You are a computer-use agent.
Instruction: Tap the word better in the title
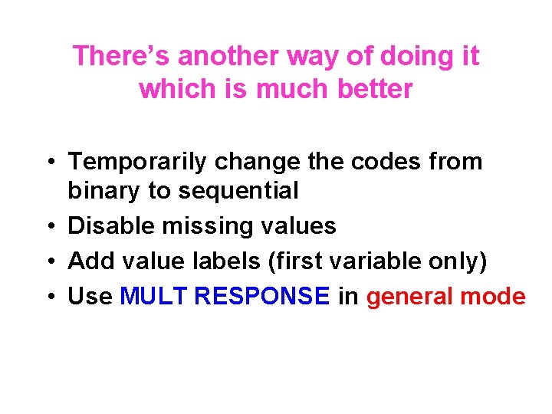coord(375,90)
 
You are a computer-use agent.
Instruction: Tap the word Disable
coord(108,226)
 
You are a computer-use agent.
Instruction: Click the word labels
coord(228,261)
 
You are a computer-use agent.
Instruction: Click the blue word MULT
coord(154,297)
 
